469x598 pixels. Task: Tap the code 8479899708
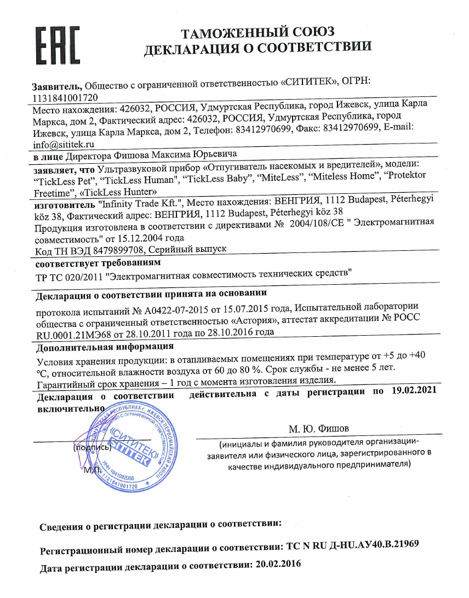(118, 249)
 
